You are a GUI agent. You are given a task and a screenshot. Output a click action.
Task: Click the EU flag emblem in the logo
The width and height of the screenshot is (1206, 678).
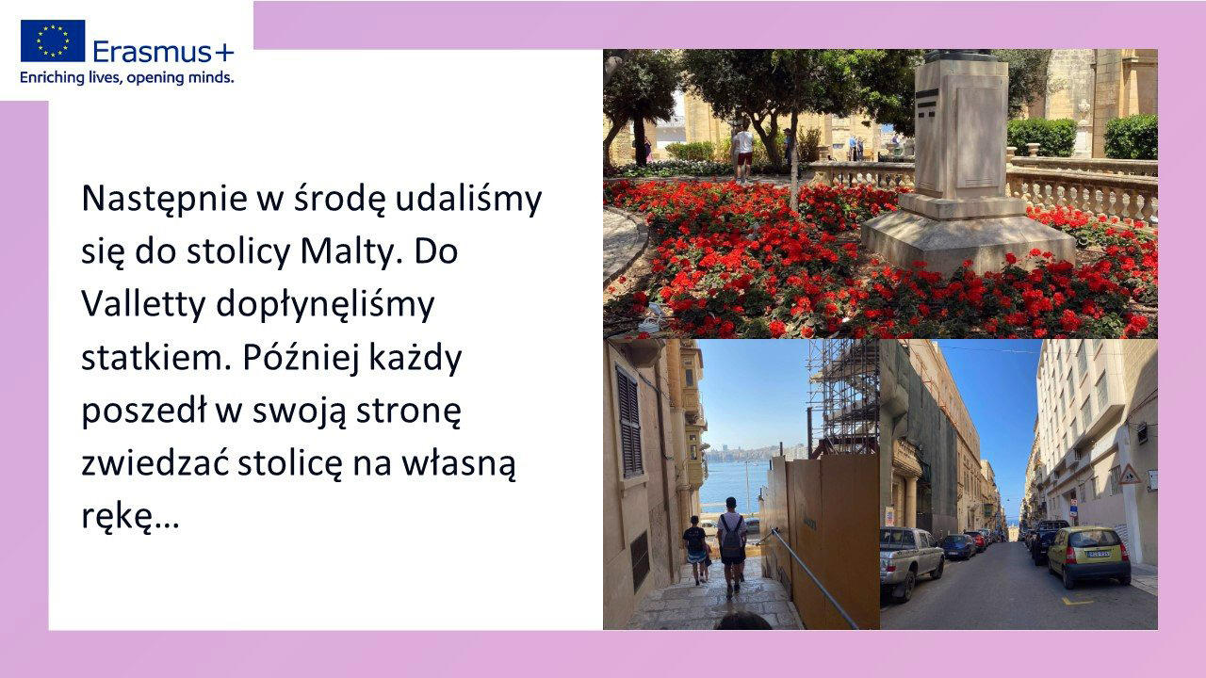[x=53, y=40]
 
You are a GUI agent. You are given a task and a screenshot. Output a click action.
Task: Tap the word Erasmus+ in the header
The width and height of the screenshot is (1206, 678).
[x=164, y=52]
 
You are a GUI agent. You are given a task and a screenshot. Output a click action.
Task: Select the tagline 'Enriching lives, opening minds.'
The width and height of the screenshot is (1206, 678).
[x=127, y=78]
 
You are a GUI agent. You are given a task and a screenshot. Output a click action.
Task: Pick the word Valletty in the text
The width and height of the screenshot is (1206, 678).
[x=144, y=304]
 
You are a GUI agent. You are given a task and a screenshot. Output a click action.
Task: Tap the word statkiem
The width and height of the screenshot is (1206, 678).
[x=158, y=357]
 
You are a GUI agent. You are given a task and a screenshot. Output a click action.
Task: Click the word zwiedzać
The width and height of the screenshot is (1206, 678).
[x=155, y=462]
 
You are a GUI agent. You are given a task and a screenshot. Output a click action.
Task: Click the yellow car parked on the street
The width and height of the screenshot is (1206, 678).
[x=1088, y=557]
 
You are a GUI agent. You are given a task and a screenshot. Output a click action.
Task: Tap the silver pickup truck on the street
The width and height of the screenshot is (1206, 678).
[x=911, y=560]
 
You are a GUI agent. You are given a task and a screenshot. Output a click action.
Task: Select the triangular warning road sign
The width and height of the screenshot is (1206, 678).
[x=1130, y=474]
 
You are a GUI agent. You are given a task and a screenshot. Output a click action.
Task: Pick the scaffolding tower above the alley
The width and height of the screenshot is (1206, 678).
[x=843, y=397]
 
